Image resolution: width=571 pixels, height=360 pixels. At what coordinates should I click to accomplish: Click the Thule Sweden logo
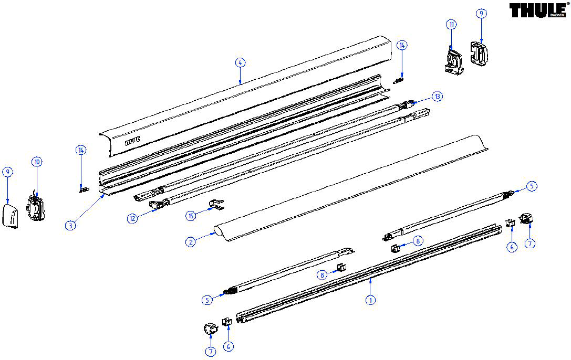pyautogui.click(x=538, y=10)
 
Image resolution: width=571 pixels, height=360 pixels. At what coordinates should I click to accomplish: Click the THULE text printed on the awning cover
pyautogui.click(x=132, y=141)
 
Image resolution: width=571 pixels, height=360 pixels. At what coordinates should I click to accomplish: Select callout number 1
pyautogui.click(x=370, y=300)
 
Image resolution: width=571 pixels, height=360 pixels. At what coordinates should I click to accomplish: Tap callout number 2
pyautogui.click(x=191, y=241)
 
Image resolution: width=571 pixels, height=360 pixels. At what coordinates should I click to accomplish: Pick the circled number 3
pyautogui.click(x=70, y=225)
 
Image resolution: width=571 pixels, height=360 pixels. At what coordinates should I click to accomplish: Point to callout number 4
pyautogui.click(x=240, y=62)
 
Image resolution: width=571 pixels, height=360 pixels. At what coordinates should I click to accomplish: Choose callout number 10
pyautogui.click(x=37, y=162)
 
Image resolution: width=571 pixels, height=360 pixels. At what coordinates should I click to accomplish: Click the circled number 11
pyautogui.click(x=452, y=24)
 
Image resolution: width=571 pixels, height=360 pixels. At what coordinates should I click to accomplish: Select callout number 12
pyautogui.click(x=132, y=218)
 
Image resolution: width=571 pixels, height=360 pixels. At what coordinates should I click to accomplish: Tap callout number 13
pyautogui.click(x=438, y=97)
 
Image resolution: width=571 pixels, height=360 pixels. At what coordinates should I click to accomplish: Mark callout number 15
pyautogui.click(x=191, y=216)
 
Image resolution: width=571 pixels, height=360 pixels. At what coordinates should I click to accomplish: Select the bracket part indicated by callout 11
pyautogui.click(x=453, y=62)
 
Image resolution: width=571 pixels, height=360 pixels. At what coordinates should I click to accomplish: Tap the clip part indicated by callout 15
pyautogui.click(x=216, y=204)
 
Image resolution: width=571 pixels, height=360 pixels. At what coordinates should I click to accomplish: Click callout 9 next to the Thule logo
pyautogui.click(x=481, y=14)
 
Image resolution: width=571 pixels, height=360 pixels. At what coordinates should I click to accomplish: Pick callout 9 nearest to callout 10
pyautogui.click(x=8, y=172)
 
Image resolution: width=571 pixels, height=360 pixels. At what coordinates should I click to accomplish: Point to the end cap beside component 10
pyautogui.click(x=10, y=216)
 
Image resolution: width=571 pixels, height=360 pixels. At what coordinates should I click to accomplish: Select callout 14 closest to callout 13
pyautogui.click(x=402, y=46)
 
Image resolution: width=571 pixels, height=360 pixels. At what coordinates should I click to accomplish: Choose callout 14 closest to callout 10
pyautogui.click(x=81, y=150)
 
